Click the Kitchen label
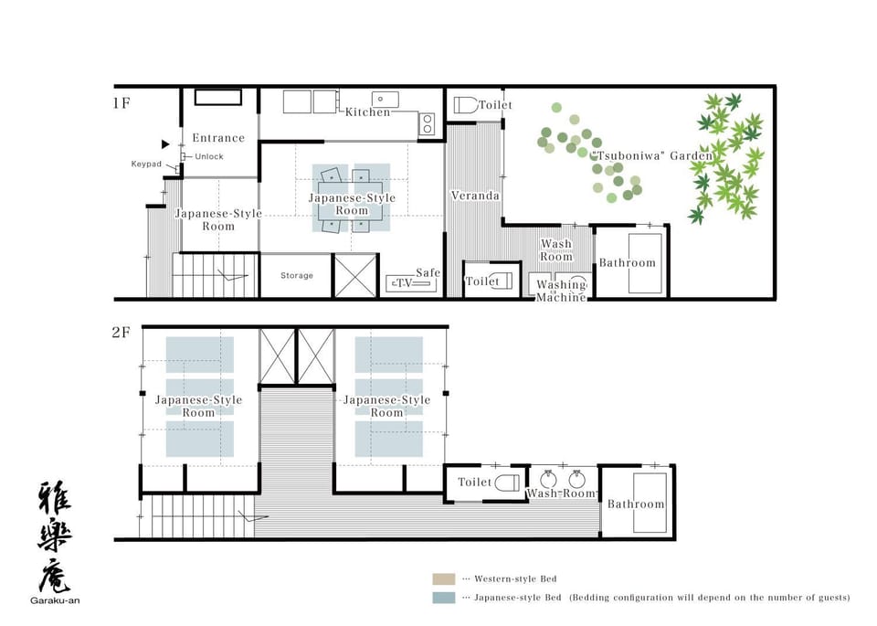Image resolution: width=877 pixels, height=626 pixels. [x=367, y=111]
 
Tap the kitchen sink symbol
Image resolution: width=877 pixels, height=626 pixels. [x=386, y=100]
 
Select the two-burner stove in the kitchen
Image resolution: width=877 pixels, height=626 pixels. [x=427, y=123]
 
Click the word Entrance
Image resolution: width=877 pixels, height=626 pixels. [x=218, y=138]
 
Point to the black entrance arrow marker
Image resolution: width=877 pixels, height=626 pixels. [x=165, y=144]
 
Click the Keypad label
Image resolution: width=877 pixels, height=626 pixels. [x=146, y=164]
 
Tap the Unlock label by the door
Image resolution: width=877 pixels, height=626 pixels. [x=209, y=156]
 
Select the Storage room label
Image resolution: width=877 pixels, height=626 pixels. [x=296, y=275]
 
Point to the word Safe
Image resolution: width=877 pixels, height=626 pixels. [x=428, y=272]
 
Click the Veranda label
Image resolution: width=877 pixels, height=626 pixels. [x=475, y=196]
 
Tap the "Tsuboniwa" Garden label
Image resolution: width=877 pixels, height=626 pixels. [x=651, y=155]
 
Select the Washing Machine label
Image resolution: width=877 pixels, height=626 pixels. [x=561, y=291]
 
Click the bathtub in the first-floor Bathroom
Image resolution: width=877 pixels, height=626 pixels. [x=645, y=263]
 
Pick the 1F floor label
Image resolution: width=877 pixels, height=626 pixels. [x=122, y=103]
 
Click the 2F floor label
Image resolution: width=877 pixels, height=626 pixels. [x=121, y=333]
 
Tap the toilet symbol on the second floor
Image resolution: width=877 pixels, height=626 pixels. [x=507, y=483]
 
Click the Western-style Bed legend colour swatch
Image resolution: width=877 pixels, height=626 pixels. [x=444, y=579]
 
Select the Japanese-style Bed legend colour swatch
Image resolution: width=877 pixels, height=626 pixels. [x=444, y=598]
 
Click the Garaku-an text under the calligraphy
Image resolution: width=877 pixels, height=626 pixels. [x=55, y=600]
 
